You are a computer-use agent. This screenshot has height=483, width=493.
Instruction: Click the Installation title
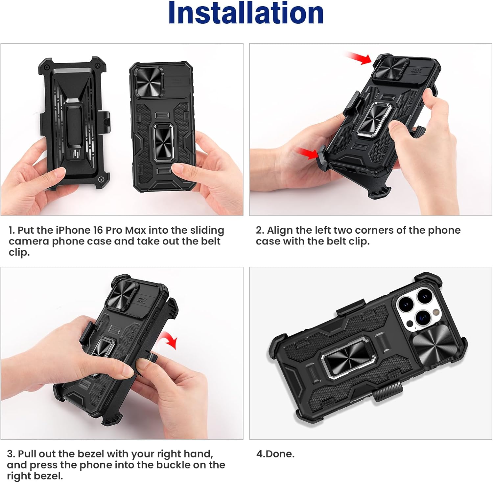click(x=246, y=13)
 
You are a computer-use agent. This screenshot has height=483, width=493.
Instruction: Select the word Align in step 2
click(x=280, y=230)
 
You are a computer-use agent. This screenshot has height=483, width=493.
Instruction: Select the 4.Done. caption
click(x=275, y=454)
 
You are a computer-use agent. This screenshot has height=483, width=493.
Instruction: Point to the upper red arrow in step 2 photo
click(x=359, y=58)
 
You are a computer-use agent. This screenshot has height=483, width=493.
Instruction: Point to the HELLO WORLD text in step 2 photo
click(x=416, y=71)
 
